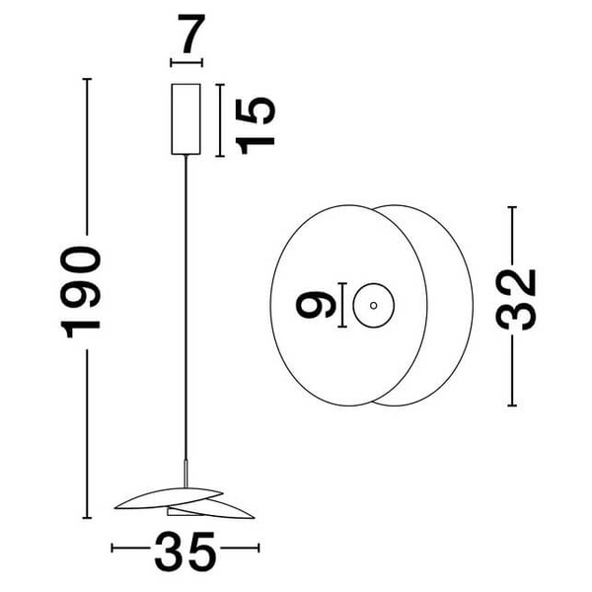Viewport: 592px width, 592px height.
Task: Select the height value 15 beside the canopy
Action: [x=255, y=121]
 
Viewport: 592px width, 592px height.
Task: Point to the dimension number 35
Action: [x=185, y=554]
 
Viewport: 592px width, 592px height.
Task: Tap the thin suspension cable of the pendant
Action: [x=185, y=296]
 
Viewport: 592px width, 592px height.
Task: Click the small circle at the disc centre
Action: [x=374, y=305]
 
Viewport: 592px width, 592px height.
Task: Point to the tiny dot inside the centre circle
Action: [x=374, y=305]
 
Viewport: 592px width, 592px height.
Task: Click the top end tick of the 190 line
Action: [x=89, y=79]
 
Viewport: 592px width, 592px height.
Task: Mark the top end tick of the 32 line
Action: [x=512, y=206]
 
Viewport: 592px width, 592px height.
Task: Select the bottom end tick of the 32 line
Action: [x=512, y=406]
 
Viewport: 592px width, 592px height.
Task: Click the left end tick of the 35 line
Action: [x=112, y=549]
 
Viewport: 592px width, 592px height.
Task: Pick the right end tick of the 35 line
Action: [x=258, y=549]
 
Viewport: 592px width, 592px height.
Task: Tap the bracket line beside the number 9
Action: [x=340, y=305]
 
